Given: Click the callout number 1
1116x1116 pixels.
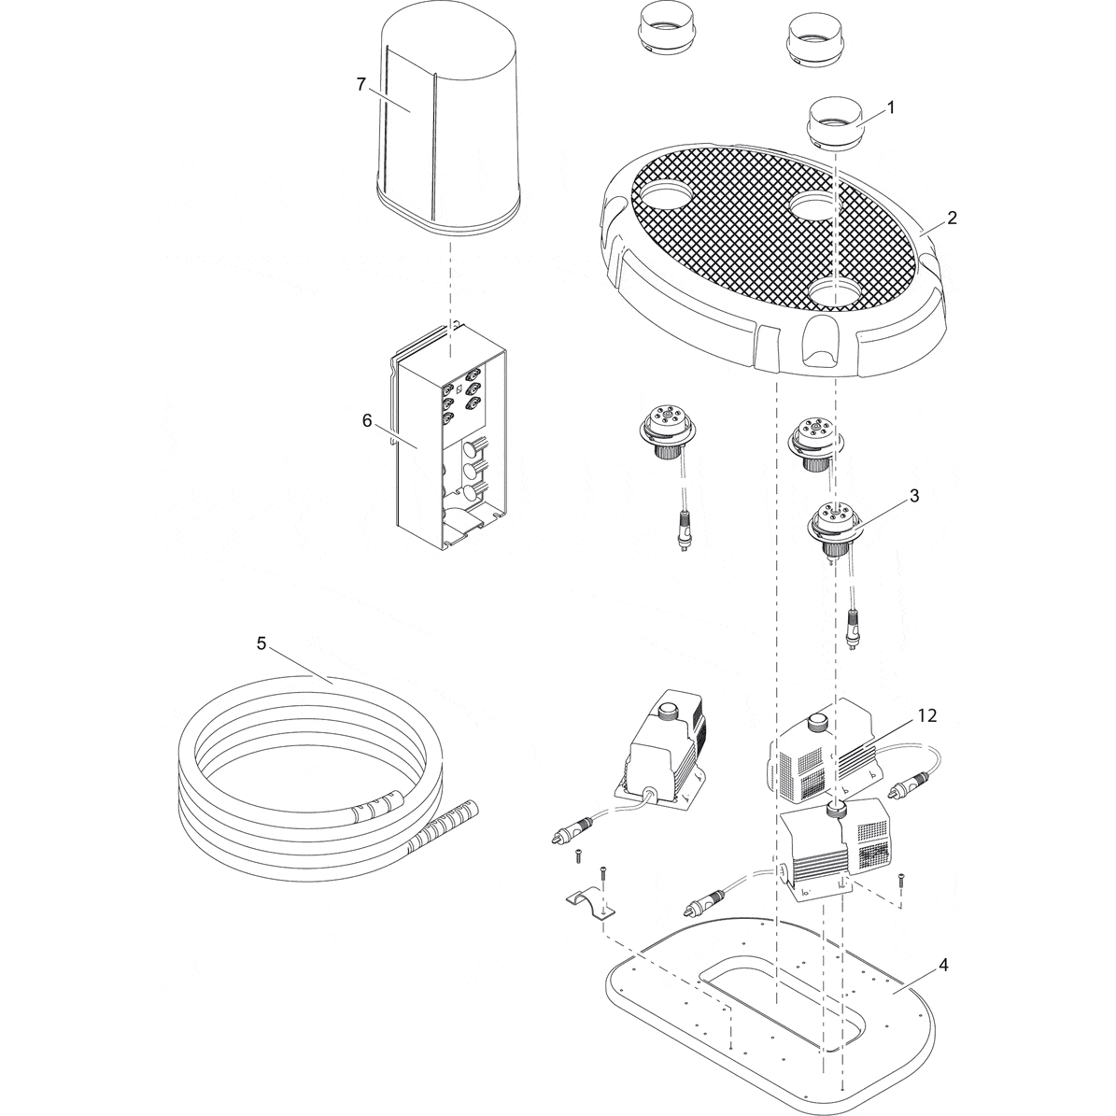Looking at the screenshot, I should point(890,107).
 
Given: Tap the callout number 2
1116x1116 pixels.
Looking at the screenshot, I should point(951,218).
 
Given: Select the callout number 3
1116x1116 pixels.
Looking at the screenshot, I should point(913,496).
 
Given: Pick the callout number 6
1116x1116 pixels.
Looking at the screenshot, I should point(367,420).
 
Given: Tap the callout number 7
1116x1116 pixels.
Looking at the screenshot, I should point(360,84).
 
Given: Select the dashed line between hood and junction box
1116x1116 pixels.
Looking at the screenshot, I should point(450,280).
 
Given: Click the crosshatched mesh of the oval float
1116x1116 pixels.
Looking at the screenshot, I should point(747,224).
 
